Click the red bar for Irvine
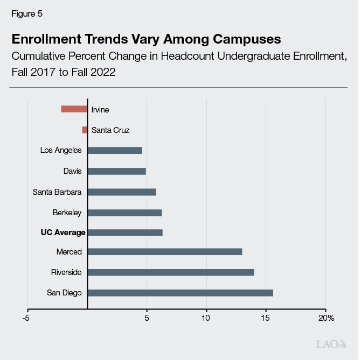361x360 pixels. [x=74, y=109]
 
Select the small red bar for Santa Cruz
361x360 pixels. [x=85, y=130]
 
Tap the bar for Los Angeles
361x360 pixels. [x=115, y=151]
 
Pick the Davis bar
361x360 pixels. [x=116, y=171]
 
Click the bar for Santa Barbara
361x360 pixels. [x=122, y=192]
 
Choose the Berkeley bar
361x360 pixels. [x=124, y=213]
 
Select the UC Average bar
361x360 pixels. [x=125, y=232]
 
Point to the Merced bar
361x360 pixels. [x=165, y=252]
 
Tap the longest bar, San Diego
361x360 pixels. [x=180, y=293]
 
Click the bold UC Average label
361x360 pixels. [x=63, y=232]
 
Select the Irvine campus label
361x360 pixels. [x=100, y=110]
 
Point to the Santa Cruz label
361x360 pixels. [x=110, y=130]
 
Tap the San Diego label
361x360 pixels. [x=64, y=293]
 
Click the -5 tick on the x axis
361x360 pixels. [x=26, y=318]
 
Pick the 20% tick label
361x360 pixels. [x=326, y=318]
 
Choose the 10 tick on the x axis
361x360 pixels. [x=206, y=318]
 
